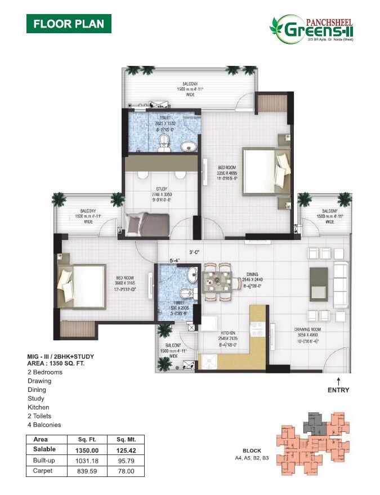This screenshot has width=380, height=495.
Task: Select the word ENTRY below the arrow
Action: [338, 390]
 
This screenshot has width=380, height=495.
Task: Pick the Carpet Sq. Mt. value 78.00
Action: [123, 470]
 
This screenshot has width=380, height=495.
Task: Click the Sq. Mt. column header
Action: [123, 440]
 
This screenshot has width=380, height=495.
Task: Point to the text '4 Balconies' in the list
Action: [44, 425]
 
